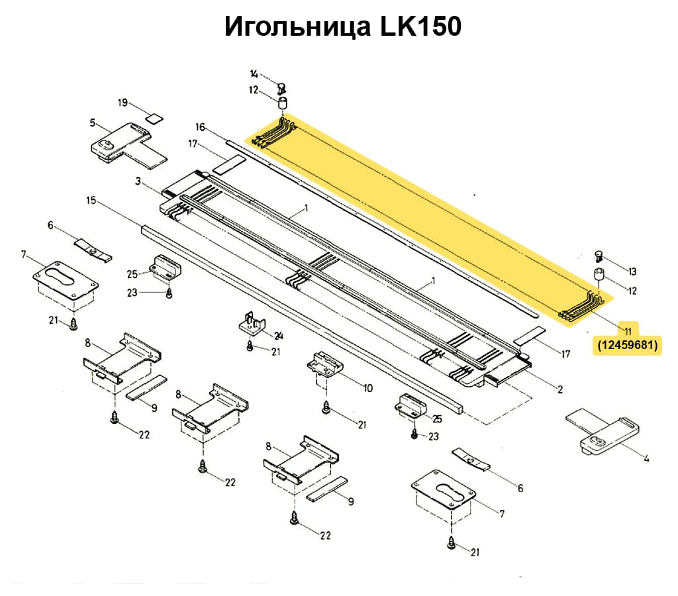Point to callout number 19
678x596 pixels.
pos(122,103)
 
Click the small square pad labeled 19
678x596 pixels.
pos(154,119)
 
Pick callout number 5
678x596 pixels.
pos(93,124)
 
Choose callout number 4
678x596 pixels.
pos(646,458)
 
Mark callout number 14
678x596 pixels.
pos(254,74)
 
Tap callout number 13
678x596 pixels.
pos(632,272)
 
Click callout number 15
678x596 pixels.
pos(91,199)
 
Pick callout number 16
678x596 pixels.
pos(201,126)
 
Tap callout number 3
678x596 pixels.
pos(138,181)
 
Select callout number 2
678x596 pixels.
pos(560,389)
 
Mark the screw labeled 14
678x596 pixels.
pos(281,85)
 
